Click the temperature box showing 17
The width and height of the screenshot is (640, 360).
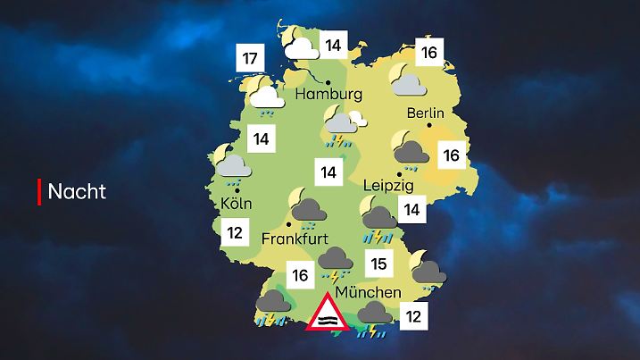[251, 61]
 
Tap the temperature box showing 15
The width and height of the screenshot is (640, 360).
[378, 264]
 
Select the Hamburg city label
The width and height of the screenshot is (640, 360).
[329, 94]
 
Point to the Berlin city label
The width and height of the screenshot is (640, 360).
[425, 113]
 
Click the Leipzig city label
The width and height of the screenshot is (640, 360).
[390, 187]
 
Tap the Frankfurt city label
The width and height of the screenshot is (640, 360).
[295, 239]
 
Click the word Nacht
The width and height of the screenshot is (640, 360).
[77, 191]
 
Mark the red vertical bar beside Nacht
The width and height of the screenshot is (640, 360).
[39, 191]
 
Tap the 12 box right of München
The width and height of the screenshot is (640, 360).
[411, 314]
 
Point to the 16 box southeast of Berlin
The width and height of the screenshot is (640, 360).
[452, 156]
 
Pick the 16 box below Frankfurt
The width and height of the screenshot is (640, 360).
[300, 274]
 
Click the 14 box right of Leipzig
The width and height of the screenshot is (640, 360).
[411, 210]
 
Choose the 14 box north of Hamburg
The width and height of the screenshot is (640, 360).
[334, 46]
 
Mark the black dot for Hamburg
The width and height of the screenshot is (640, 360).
[328, 81]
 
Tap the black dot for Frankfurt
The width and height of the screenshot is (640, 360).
[288, 224]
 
